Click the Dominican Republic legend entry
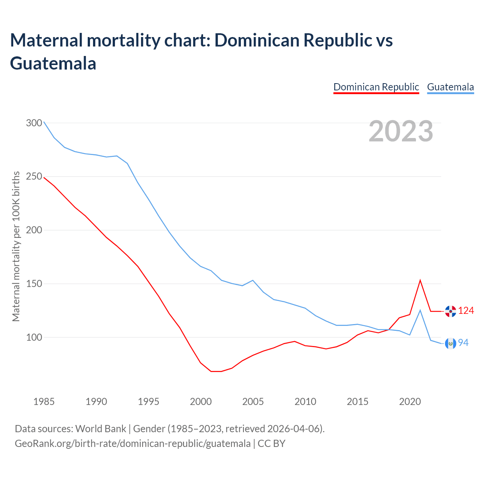[x=376, y=87]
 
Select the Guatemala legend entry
[x=450, y=87]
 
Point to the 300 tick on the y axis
[x=34, y=123]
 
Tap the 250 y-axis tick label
[x=34, y=177]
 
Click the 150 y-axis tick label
[x=34, y=284]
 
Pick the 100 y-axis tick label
[x=34, y=337]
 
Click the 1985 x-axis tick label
[x=44, y=401]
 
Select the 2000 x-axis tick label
[x=201, y=401]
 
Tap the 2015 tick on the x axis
[x=357, y=401]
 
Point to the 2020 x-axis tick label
[x=410, y=401]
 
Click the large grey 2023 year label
[x=401, y=131]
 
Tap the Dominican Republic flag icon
[x=450, y=311]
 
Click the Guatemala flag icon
[x=450, y=343]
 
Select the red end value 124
[x=466, y=311]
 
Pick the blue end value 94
[x=463, y=343]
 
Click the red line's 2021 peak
[x=420, y=280]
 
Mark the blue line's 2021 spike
[x=420, y=310]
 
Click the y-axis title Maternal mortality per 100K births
[x=16, y=246]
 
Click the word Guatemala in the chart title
[x=53, y=63]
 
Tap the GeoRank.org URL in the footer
[x=132, y=443]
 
